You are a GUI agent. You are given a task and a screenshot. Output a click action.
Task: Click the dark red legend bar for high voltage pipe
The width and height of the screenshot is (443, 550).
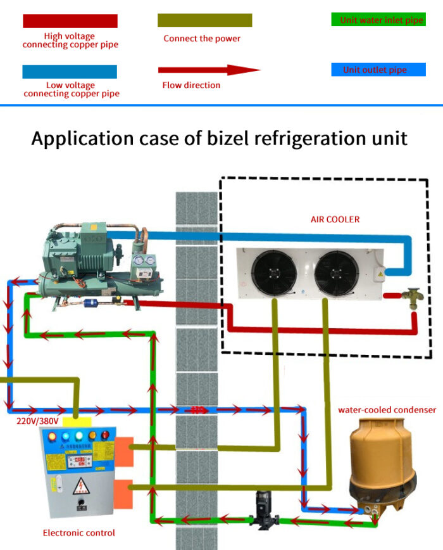70,21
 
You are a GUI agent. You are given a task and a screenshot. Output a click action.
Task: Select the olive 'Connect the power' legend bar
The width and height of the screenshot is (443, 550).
204,20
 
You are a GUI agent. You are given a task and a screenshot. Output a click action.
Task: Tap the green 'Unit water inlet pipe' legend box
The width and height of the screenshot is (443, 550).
378,20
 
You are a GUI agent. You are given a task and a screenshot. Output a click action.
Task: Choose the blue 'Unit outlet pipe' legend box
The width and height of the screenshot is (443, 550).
378,70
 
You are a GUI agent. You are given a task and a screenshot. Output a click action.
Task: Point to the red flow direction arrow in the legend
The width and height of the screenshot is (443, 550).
209,70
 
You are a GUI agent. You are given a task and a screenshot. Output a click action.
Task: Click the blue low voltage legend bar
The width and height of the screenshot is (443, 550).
70,71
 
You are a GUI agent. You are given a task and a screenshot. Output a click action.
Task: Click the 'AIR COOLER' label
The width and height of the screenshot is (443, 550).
335,219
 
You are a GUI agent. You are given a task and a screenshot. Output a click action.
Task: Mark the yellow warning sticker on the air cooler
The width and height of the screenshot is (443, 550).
380,273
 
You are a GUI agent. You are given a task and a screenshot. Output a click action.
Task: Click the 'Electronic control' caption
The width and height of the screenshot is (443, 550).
79,533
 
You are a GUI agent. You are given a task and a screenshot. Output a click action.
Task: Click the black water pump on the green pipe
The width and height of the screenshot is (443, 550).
261,508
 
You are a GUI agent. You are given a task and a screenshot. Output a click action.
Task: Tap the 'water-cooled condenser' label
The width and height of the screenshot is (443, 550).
387,410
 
